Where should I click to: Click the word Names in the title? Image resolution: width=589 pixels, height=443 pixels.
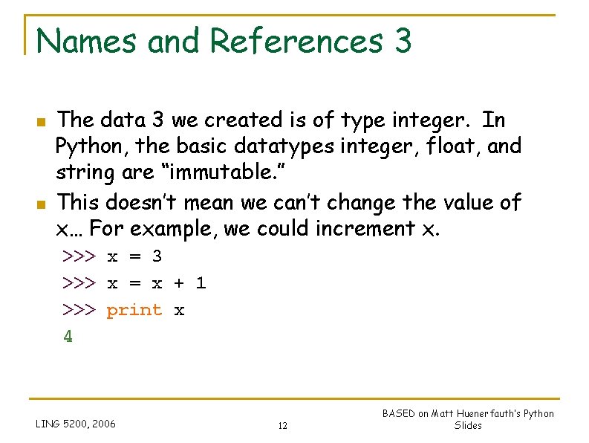click(86, 41)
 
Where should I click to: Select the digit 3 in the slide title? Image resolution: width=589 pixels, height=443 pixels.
click(403, 41)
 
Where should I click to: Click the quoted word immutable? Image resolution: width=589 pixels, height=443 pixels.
click(227, 174)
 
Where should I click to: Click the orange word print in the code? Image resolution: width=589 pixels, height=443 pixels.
click(134, 310)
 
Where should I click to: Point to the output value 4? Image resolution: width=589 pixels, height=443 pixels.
click(68, 337)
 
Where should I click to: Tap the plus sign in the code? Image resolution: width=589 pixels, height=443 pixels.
click(179, 283)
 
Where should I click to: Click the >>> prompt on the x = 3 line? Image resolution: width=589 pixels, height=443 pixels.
click(79, 256)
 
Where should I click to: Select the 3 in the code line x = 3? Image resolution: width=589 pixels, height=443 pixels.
click(157, 256)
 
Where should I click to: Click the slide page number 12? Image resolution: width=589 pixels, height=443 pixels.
click(282, 426)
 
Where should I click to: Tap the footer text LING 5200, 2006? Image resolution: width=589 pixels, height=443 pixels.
click(76, 424)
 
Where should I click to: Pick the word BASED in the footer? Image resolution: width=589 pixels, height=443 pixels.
click(398, 414)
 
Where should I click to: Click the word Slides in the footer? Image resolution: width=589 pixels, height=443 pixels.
click(468, 426)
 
